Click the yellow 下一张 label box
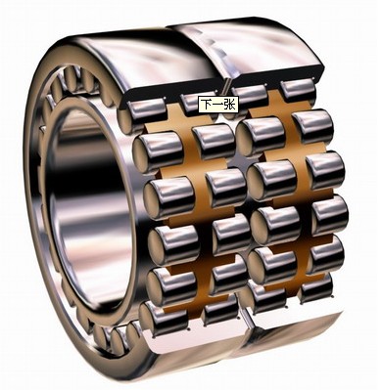point(218,105)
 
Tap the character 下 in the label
point(207,105)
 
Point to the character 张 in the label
point(230,105)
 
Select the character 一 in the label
point(218,105)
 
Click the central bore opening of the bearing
point(91,208)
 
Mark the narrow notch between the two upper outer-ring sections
point(227,86)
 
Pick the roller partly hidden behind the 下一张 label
point(197,105)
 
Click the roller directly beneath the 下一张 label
point(214,141)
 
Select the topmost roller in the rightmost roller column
point(298,90)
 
